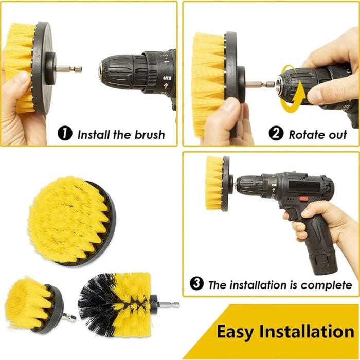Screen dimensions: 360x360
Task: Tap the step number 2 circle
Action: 276,134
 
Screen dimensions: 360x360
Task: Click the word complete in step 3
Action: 327,284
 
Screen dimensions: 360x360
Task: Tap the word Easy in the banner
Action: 237,331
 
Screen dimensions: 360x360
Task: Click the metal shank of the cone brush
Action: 167,304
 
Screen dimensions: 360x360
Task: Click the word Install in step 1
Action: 93,135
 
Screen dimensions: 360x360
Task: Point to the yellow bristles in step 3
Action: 213,183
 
